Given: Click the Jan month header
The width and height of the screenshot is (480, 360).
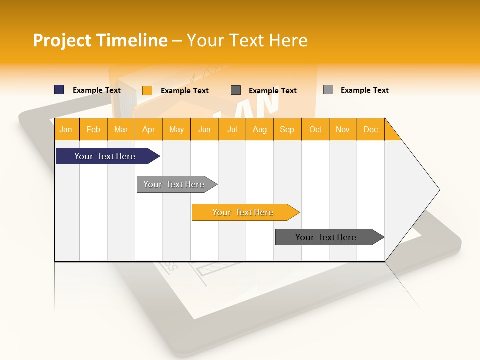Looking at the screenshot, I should [66, 129].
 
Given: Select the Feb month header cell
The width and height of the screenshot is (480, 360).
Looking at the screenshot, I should [93, 129].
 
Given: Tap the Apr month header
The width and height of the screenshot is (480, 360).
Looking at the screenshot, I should [149, 129].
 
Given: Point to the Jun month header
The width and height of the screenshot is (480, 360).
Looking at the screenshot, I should [204, 129].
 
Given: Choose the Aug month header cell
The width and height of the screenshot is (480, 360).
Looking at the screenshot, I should [259, 129].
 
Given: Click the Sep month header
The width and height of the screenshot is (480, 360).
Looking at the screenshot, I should [287, 129].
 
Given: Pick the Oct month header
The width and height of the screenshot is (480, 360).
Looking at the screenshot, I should [315, 129].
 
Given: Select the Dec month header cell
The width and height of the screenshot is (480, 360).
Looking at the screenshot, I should [370, 129].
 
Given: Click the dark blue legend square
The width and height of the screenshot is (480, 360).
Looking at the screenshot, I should [59, 90].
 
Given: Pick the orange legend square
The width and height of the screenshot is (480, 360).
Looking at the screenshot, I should [147, 90].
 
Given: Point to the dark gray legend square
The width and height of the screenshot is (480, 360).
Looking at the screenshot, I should [236, 90].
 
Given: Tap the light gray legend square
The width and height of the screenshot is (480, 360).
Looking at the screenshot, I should [328, 90].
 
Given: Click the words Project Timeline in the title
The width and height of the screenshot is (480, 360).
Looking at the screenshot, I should [100, 40].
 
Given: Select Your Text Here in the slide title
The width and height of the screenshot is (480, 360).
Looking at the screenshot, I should [247, 40].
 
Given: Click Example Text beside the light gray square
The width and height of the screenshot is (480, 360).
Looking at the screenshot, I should [364, 90].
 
